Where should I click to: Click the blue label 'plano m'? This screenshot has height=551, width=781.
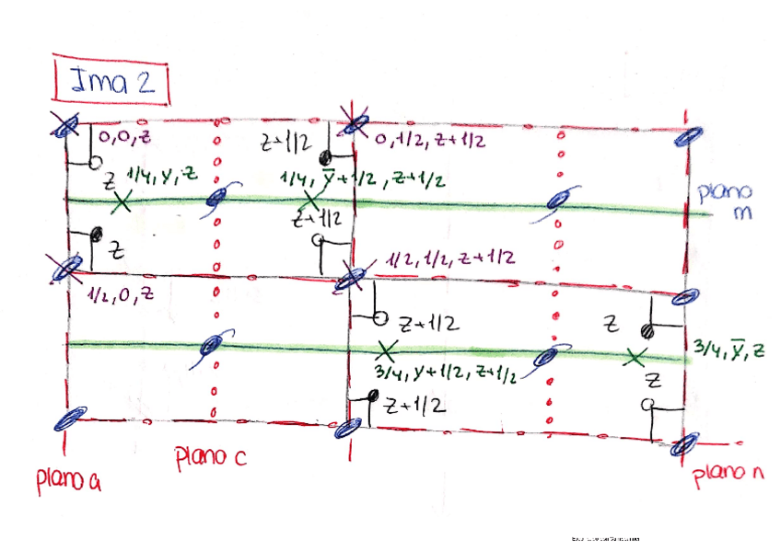[725, 202]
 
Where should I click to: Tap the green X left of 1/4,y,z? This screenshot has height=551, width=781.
[122, 201]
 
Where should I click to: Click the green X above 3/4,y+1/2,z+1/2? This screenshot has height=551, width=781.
[387, 350]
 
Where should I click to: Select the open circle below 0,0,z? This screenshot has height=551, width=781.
[94, 163]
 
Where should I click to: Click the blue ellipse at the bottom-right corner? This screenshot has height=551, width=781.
[682, 446]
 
